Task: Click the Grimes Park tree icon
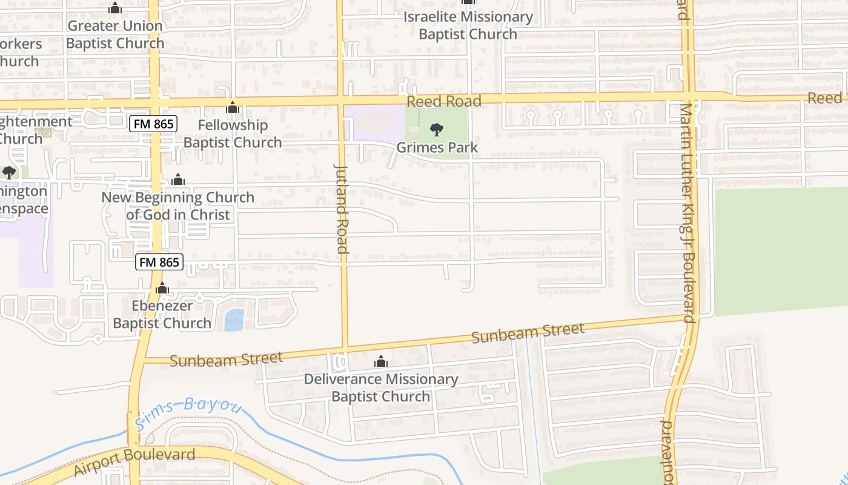click(x=436, y=129)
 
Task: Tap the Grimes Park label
click(x=437, y=147)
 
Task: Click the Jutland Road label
click(x=341, y=209)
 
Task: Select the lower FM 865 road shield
click(x=159, y=262)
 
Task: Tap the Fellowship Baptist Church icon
click(x=233, y=108)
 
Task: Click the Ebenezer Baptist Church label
click(x=162, y=314)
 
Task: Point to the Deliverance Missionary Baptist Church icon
click(x=380, y=362)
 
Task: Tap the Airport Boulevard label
click(x=134, y=461)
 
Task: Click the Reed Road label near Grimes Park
click(x=444, y=101)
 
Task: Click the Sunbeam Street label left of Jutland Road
click(x=226, y=360)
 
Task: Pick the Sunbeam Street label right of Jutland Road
click(x=528, y=333)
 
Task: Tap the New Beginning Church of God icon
click(x=178, y=180)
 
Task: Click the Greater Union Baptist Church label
click(x=115, y=35)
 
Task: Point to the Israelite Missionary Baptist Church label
click(x=468, y=25)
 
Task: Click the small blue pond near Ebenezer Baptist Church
click(x=234, y=320)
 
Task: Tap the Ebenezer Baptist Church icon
click(x=162, y=289)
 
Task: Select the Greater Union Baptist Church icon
click(x=115, y=8)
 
